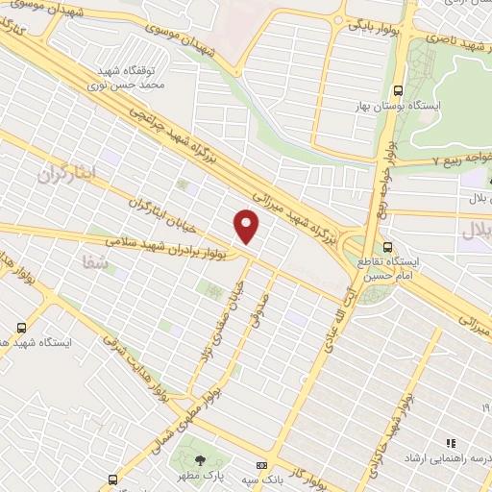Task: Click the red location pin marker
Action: pos(247,227)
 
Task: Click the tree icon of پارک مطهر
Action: pos(200,459)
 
